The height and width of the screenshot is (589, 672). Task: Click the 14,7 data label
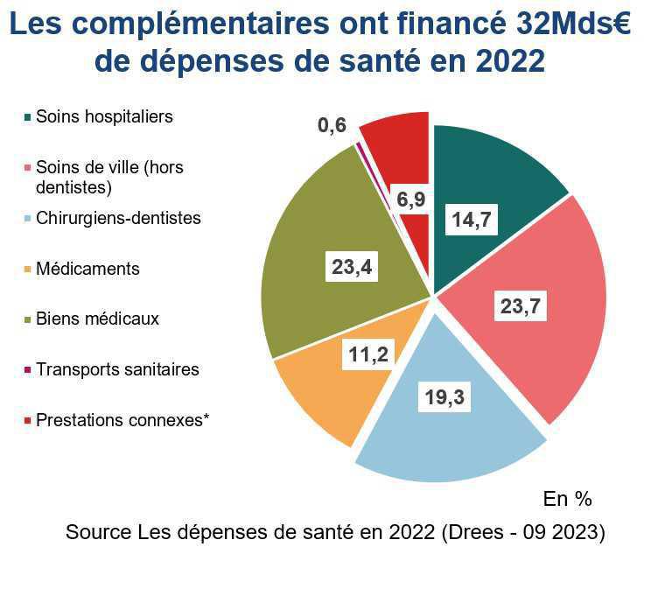472,221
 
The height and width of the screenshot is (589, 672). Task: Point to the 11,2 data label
366,354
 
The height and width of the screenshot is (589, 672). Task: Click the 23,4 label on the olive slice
352,267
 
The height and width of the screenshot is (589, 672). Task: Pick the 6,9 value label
410,200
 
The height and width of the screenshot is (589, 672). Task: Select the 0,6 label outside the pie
332,126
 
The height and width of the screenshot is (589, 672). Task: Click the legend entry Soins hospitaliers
104,116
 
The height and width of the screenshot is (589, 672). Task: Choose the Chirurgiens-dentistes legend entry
118,218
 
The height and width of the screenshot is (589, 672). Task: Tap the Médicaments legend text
87,269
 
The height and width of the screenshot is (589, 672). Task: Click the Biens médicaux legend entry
97,319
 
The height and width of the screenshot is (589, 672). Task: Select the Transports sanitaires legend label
117,369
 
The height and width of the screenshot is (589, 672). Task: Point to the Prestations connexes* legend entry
122,420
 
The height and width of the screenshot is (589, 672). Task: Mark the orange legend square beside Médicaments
28,270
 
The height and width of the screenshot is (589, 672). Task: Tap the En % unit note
567,499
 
